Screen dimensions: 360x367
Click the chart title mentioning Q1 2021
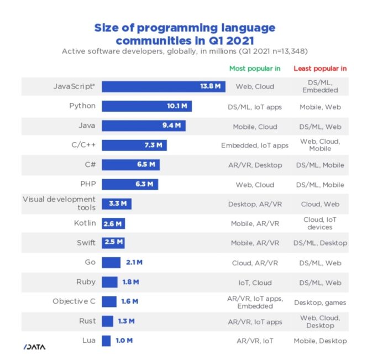[x=184, y=34]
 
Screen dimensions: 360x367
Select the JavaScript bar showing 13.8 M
[x=163, y=87]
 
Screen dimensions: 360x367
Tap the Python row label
[x=82, y=106]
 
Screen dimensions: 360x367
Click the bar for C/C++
[x=134, y=145]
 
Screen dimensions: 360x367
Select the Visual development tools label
[x=59, y=203]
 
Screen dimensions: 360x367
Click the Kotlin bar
[x=113, y=223]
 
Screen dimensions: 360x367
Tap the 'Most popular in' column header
[x=255, y=69]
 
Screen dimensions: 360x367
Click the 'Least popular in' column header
[x=320, y=69]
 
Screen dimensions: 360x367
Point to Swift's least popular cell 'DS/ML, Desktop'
[x=320, y=243]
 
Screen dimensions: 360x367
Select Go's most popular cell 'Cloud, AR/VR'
[x=255, y=263]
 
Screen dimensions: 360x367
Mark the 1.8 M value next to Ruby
[x=130, y=282]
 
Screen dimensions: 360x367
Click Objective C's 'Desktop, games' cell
[x=320, y=302]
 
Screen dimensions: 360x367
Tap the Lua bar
[x=106, y=341]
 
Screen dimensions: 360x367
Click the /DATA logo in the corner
[x=34, y=347]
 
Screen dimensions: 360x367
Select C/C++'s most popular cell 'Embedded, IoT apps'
[x=255, y=145]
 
